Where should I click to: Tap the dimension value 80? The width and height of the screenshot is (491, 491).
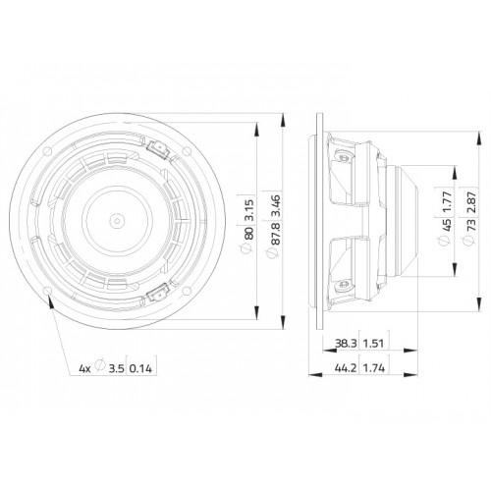tap(248, 233)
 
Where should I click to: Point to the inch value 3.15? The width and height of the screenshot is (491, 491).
tap(248, 210)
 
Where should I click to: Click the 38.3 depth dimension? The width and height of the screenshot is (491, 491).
tap(346, 344)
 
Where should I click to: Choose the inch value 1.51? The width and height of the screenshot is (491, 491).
tap(373, 344)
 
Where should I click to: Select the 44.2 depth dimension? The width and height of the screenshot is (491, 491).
tap(346, 368)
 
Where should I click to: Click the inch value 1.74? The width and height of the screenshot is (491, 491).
tap(374, 368)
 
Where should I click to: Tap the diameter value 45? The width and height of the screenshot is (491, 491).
tap(447, 225)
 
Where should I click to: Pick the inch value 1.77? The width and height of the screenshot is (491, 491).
tap(447, 201)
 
